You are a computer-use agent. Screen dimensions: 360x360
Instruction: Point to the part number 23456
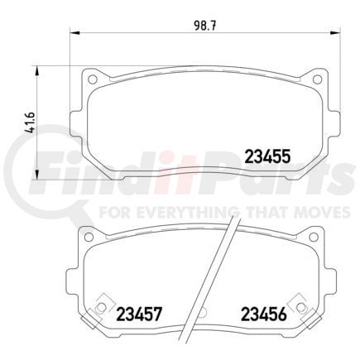coord(263,314)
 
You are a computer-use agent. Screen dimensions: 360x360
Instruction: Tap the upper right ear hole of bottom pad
coord(307,237)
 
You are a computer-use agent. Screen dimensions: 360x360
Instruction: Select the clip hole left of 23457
coord(102,310)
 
